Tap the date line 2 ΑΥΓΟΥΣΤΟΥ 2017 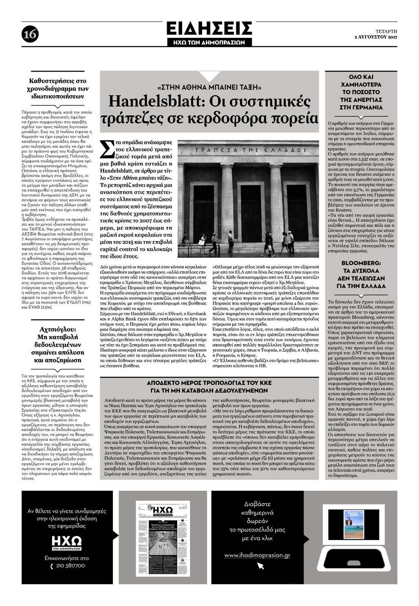(375, 37)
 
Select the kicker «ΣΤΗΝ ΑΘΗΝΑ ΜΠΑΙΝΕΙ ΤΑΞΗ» (209, 87)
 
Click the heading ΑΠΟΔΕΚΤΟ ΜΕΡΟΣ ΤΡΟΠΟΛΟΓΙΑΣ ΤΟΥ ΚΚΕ (209, 383)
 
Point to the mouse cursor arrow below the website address (260, 566)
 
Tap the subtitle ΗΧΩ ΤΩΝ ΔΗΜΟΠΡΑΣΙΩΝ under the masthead (209, 42)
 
